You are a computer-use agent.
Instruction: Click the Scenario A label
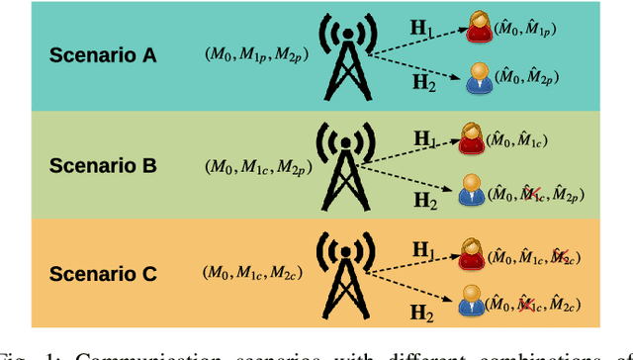click(x=103, y=54)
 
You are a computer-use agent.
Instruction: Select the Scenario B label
click(x=103, y=165)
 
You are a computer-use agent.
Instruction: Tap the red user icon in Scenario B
click(x=471, y=137)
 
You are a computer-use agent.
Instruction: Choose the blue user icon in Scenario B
click(x=470, y=191)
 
